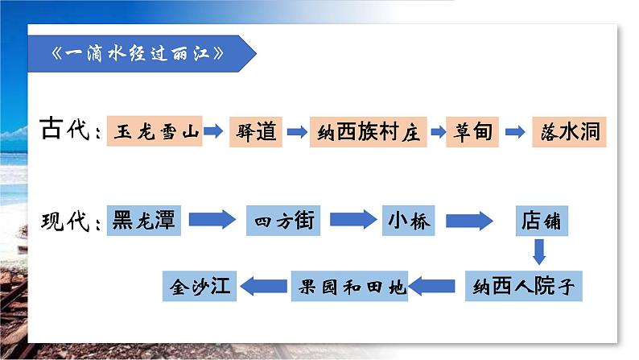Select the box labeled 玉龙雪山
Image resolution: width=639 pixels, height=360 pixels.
pyautogui.click(x=155, y=130)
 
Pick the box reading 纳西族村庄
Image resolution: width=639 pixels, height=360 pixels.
pyautogui.click(x=367, y=130)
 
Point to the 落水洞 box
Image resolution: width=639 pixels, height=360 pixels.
pyautogui.click(x=568, y=130)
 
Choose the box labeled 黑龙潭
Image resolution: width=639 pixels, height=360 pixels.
pyautogui.click(x=144, y=219)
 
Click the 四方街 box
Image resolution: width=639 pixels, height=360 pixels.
pyautogui.click(x=284, y=219)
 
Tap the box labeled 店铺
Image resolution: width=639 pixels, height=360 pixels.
pyautogui.click(x=539, y=219)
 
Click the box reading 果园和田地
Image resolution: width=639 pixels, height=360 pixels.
pyautogui.click(x=348, y=285)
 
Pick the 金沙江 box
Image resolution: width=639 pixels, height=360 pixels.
pyautogui.click(x=200, y=285)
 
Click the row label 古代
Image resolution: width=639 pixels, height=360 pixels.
pyautogui.click(x=68, y=130)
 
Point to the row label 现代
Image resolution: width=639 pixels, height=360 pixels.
pyautogui.click(x=68, y=219)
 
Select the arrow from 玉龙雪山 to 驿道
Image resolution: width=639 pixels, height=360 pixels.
pyautogui.click(x=212, y=130)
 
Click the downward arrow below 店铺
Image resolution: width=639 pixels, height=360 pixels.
pyautogui.click(x=539, y=252)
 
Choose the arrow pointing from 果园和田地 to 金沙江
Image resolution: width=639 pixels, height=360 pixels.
pyautogui.click(x=265, y=285)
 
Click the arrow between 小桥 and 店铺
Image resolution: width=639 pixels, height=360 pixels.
pyautogui.click(x=468, y=219)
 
